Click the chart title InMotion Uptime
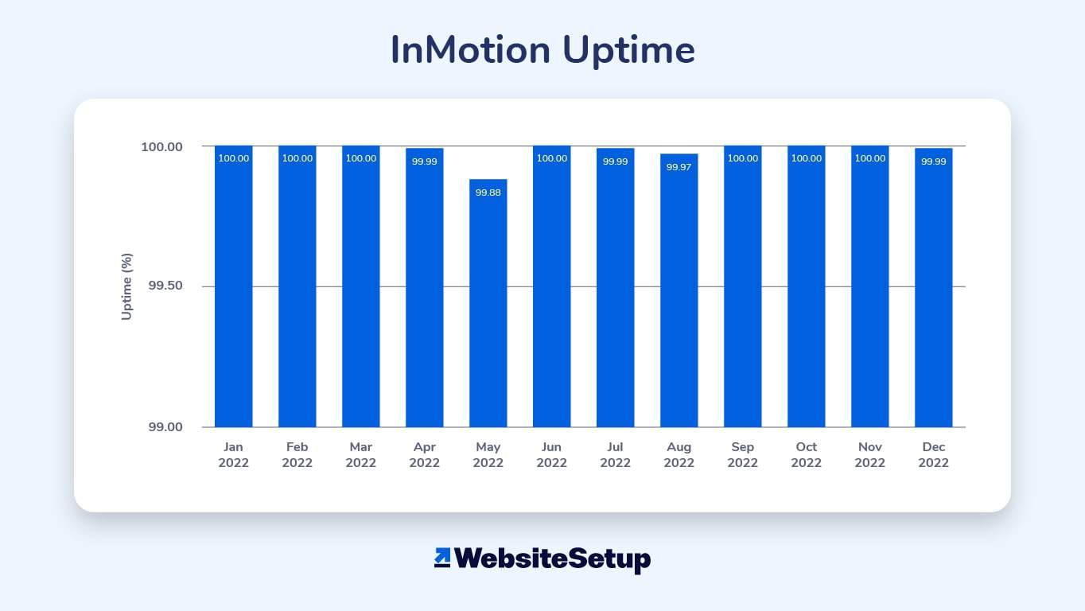click(x=542, y=50)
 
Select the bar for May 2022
click(x=488, y=303)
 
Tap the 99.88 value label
click(x=488, y=193)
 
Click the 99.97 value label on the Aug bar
click(x=679, y=167)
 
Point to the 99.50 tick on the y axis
click(x=165, y=286)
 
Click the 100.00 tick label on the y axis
click(x=161, y=147)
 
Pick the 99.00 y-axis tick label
click(x=165, y=427)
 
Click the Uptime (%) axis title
click(x=126, y=286)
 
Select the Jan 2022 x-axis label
click(x=234, y=454)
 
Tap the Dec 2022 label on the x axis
click(x=933, y=454)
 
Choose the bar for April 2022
click(x=424, y=287)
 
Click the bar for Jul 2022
click(x=615, y=287)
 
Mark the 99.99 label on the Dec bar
click(x=933, y=162)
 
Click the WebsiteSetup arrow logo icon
click(x=442, y=557)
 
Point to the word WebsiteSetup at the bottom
click(x=553, y=559)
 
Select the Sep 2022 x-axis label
click(x=742, y=454)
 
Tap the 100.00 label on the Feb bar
click(x=297, y=158)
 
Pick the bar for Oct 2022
click(x=806, y=286)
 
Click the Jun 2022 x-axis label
click(x=552, y=454)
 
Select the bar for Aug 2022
click(x=679, y=290)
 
